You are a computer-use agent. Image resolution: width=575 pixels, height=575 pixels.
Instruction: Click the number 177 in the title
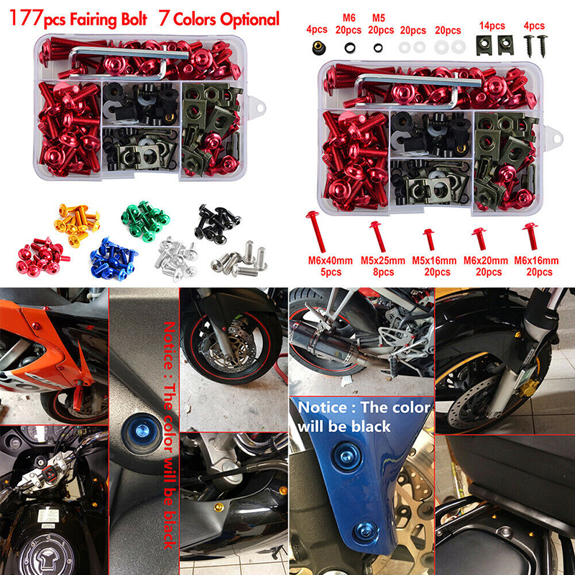click(25, 19)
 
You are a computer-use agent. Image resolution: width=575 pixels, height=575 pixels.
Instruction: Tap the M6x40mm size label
click(330, 261)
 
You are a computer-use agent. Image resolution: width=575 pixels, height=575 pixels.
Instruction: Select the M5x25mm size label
click(383, 261)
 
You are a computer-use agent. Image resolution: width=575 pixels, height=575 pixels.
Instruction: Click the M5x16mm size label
click(434, 261)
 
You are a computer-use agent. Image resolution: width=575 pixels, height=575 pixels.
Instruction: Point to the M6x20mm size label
click(486, 261)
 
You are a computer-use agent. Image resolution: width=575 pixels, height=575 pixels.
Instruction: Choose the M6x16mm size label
click(536, 261)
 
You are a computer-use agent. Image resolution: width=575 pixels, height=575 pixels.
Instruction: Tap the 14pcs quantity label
click(492, 26)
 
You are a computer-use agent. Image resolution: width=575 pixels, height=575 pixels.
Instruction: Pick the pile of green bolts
click(145, 221)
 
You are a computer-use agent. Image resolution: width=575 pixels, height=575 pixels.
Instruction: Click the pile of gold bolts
click(77, 224)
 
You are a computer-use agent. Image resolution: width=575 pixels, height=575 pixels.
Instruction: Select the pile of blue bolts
click(114, 259)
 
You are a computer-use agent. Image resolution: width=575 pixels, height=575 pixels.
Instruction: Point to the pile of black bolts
click(217, 222)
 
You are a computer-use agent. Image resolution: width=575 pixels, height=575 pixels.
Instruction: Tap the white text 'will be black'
click(344, 426)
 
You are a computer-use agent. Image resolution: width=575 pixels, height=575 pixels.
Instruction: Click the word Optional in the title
click(249, 19)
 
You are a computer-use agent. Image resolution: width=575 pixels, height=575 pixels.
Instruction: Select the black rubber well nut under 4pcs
click(318, 47)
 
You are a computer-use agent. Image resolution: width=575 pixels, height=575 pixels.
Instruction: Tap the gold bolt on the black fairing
click(218, 507)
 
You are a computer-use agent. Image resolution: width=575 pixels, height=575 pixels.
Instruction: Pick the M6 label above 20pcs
click(349, 17)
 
